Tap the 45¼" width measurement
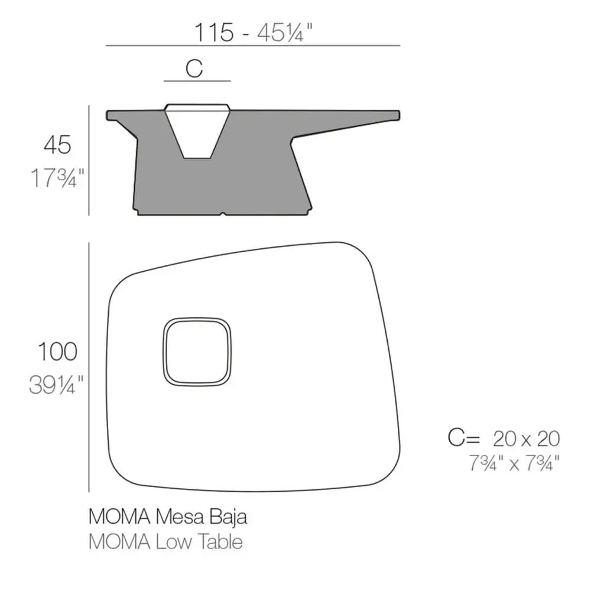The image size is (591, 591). click(x=285, y=33)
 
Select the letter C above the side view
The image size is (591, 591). click(x=194, y=69)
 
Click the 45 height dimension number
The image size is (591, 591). click(x=57, y=145)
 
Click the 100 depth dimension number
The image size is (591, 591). click(x=58, y=352)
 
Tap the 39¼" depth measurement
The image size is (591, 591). click(x=56, y=385)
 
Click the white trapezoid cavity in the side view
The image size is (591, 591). click(x=197, y=130)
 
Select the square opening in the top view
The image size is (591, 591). click(x=197, y=352)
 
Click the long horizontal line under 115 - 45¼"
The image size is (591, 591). click(x=253, y=46)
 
